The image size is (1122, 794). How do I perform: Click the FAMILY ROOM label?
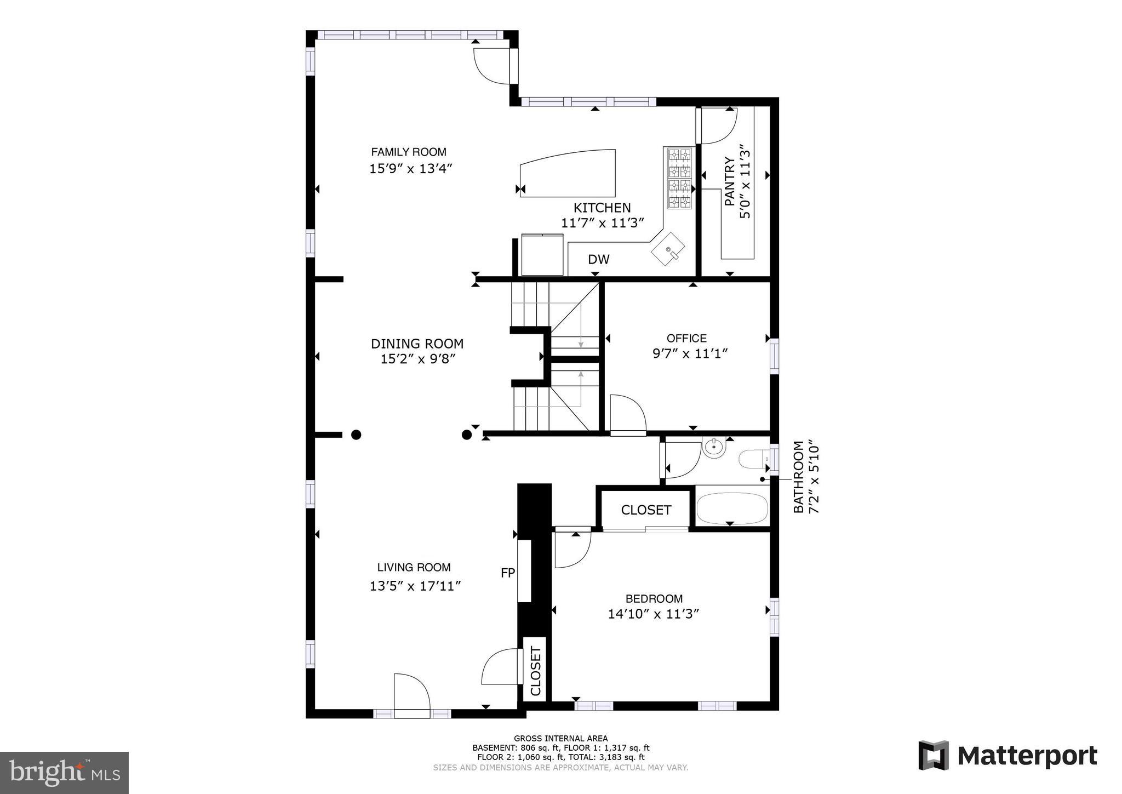point(409,152)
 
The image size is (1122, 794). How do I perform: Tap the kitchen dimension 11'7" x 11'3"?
point(602,223)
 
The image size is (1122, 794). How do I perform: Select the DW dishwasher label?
point(598,259)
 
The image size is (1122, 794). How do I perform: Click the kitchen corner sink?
point(668,249)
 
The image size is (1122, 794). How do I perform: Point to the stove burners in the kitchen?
point(679,178)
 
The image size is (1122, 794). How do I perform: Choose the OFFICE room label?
point(686,338)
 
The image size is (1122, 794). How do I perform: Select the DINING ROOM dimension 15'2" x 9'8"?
point(418,359)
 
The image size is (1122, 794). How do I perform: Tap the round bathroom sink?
point(714,448)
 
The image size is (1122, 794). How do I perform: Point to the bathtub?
point(732,509)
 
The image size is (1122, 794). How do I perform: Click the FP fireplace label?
point(508,573)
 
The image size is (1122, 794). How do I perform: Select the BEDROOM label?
point(654,599)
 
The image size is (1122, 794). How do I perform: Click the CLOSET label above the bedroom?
point(646,510)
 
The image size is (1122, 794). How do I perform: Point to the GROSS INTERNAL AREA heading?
point(560,738)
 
